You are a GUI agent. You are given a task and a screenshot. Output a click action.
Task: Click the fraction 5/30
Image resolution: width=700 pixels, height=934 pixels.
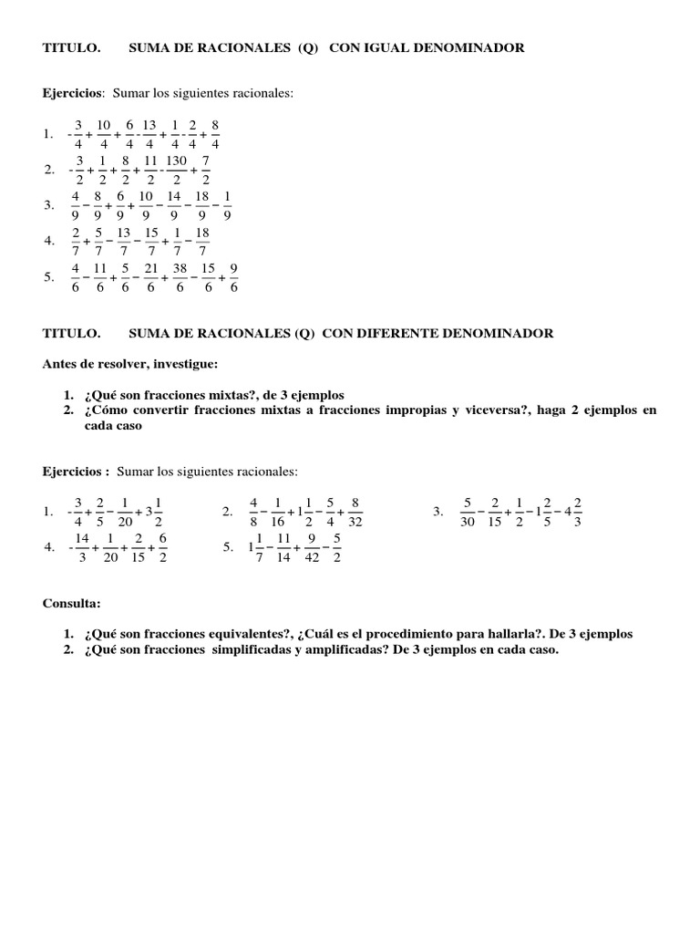coord(468,512)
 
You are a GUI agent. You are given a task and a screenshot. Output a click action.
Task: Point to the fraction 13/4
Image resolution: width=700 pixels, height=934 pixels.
coord(149,134)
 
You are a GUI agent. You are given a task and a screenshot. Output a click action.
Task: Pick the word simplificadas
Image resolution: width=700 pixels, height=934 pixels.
coord(252,650)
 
